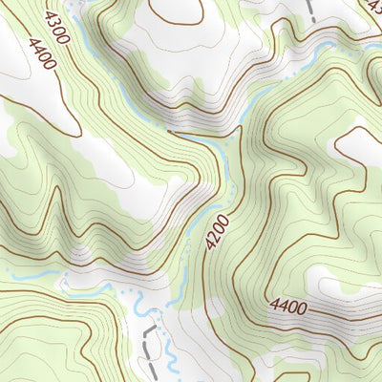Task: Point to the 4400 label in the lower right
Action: [x=288, y=307]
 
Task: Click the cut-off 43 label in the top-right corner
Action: [x=373, y=6]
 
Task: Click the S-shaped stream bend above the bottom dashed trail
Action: [x=140, y=310]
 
